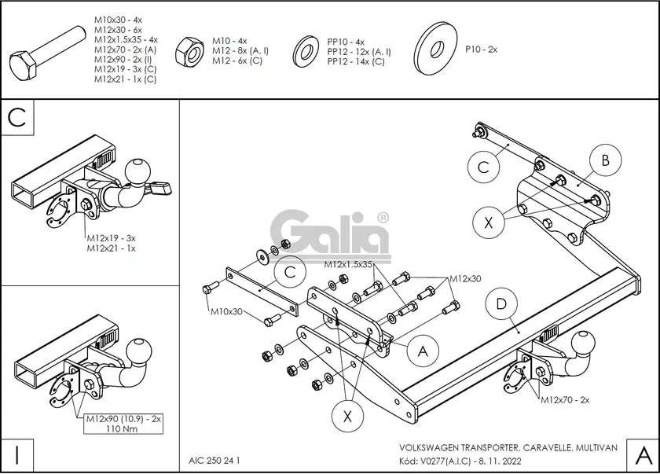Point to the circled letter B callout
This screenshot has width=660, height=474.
(605, 161)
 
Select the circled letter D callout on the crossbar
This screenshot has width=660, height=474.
(500, 303)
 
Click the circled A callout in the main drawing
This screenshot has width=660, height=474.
(423, 351)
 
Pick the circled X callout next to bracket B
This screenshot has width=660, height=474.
(489, 222)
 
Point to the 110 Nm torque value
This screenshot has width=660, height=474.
(123, 428)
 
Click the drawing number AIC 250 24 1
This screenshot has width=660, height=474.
(214, 460)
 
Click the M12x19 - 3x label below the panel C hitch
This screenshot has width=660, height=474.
(111, 238)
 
